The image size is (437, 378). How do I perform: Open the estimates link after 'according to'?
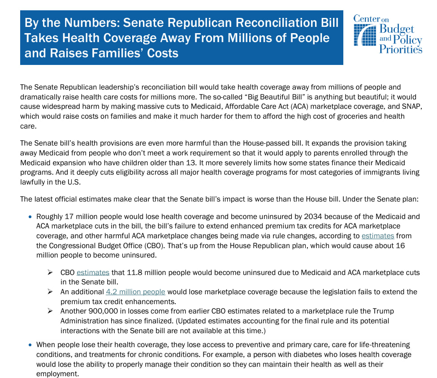[x=378, y=236]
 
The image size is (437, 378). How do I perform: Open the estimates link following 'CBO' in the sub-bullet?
[x=93, y=272]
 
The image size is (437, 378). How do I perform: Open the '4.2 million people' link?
[x=135, y=292]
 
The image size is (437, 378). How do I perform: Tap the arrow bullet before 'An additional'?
[x=50, y=292]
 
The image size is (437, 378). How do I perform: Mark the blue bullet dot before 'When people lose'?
[x=30, y=345]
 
